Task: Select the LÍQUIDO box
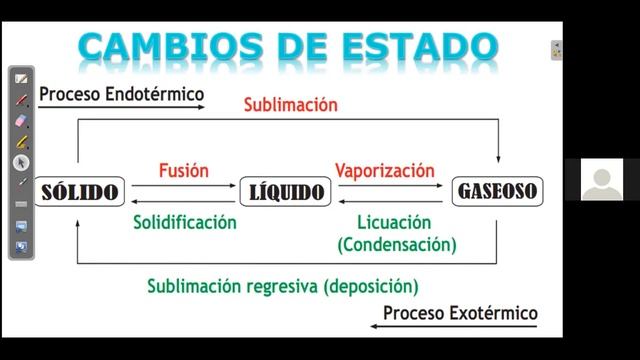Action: pos(285,190)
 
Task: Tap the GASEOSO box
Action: pos(496,190)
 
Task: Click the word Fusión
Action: pos(184,170)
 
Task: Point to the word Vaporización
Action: pos(385,170)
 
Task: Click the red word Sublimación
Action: pos(291,104)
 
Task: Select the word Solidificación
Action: pos(185,222)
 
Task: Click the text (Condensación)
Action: pos(397,243)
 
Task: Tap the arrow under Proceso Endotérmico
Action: pos(120,108)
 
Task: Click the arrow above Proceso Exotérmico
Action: pos(459,326)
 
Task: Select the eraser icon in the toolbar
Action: pos(21,120)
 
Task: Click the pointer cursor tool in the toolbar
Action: pos(21,162)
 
